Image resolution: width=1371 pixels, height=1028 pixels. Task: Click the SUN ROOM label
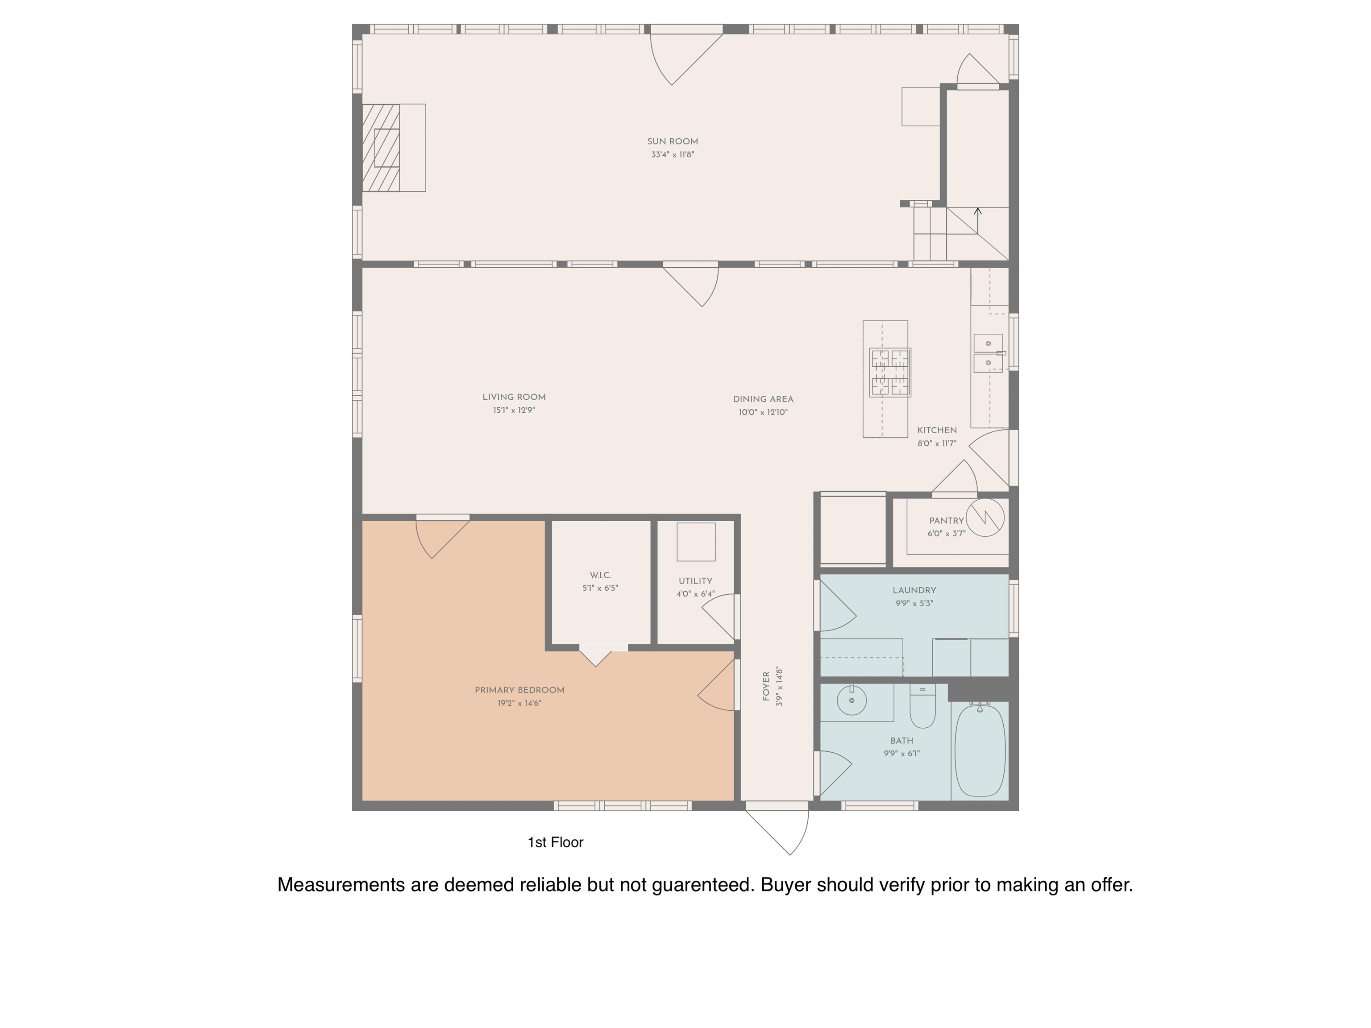[673, 141]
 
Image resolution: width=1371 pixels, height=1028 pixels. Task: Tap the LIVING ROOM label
[514, 397]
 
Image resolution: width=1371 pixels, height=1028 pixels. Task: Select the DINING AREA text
[763, 399]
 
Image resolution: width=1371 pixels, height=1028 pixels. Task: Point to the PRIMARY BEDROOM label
[519, 690]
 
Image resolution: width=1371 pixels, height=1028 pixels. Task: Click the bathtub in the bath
[980, 751]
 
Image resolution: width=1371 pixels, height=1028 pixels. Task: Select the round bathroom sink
[852, 700]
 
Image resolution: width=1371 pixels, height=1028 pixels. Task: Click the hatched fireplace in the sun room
[381, 148]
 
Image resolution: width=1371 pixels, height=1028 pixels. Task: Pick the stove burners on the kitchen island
[890, 373]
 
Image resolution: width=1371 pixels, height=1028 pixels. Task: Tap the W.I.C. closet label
[600, 575]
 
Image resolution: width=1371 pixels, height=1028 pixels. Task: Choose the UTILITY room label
[695, 580]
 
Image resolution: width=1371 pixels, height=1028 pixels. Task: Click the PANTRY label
[947, 521]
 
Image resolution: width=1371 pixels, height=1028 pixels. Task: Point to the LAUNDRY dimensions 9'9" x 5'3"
[914, 603]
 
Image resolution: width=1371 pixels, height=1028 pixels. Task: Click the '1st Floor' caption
[555, 842]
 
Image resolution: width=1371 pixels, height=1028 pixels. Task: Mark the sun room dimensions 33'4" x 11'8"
[673, 154]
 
